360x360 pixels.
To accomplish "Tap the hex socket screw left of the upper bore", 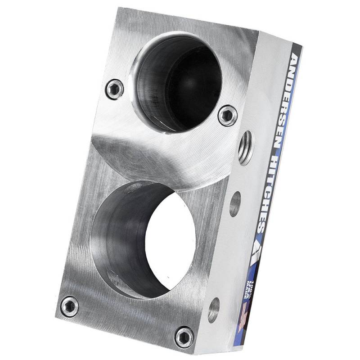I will coord(115,89).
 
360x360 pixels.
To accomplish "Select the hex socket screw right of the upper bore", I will coord(227,115).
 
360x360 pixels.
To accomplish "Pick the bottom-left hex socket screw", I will coord(69,306).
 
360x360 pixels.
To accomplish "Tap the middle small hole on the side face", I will coord(235,204).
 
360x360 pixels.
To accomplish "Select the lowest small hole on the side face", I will coord(213,310).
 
